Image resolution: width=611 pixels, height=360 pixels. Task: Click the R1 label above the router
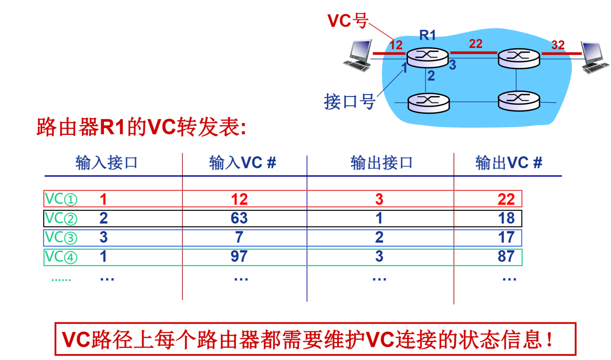pos(427,35)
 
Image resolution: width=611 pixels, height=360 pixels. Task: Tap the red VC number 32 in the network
pos(558,45)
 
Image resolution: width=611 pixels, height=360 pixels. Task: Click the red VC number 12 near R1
pos(396,45)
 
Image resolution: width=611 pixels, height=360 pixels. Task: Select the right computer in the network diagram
pos(594,57)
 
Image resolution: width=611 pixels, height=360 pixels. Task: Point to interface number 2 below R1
pos(431,76)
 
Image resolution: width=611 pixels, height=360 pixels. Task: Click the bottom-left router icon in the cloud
pos(428,103)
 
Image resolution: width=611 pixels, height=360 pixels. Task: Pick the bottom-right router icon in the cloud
pos(519,101)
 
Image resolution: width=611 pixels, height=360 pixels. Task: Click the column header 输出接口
pos(381,163)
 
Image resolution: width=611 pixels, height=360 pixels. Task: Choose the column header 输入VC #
pos(242,163)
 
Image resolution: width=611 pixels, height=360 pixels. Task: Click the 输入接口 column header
pos(106,163)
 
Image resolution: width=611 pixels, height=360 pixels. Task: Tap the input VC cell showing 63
pos(239,218)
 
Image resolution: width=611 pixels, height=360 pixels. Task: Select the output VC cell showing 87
pos(506,256)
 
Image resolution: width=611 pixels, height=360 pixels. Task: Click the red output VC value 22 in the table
pos(506,199)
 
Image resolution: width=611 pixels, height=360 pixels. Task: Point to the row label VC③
pos(61,237)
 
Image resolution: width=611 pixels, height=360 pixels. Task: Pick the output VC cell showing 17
pos(506,237)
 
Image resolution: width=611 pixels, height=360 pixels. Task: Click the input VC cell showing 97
pos(239,256)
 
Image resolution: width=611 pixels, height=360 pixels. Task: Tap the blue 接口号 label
pos(349,102)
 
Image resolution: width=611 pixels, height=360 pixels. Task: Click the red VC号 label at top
pos(347,21)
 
